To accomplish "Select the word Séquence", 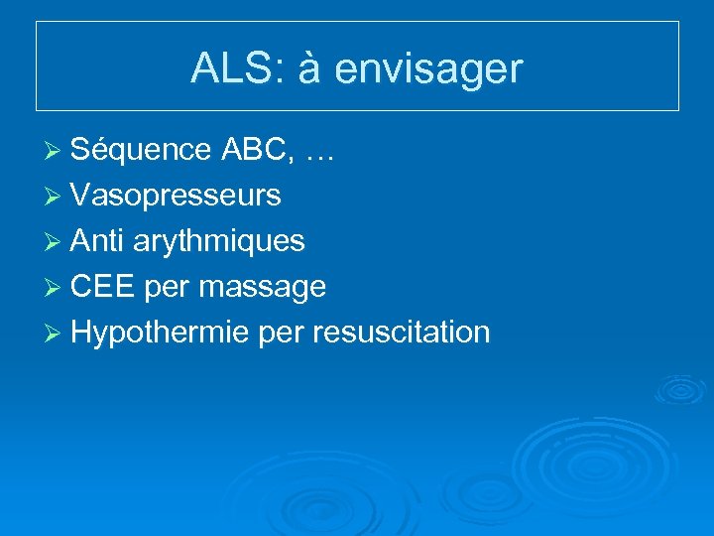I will coord(141,150).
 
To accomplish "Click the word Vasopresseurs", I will coord(176,197).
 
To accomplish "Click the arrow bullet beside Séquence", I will coord(56,151).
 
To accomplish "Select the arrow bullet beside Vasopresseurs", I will coord(56,197).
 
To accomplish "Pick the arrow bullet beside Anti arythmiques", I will coord(56,242).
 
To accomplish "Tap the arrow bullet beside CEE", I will coord(56,288).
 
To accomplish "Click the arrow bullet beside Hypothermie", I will coord(56,334).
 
